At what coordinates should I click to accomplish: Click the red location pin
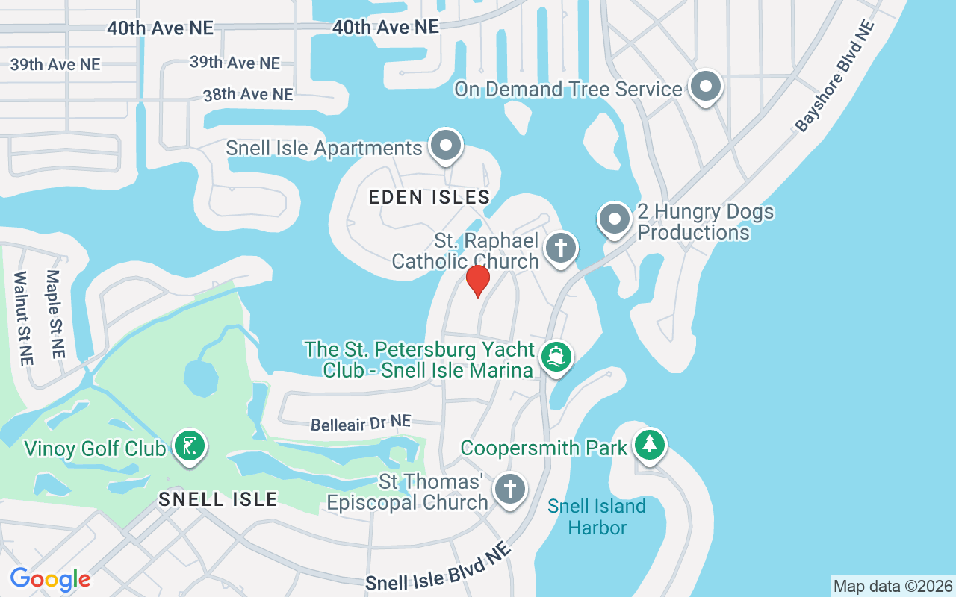click(x=478, y=281)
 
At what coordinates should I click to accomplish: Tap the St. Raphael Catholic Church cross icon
click(x=561, y=248)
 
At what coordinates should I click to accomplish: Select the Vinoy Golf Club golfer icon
click(x=190, y=446)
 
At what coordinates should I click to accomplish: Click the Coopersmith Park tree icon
click(x=650, y=445)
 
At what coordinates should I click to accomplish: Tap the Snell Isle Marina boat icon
click(x=555, y=357)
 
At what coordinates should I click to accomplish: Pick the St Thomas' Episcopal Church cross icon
click(x=510, y=490)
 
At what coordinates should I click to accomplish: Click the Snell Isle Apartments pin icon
click(x=447, y=146)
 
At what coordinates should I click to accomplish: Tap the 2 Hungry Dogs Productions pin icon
click(x=615, y=219)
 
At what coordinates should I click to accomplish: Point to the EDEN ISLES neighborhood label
click(x=429, y=198)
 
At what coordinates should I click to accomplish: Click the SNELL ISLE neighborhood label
click(x=218, y=499)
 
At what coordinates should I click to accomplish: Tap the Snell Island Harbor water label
click(x=596, y=516)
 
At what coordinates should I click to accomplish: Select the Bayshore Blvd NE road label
click(x=834, y=76)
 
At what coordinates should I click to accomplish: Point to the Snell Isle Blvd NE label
click(x=438, y=569)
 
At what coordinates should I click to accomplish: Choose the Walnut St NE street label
click(x=23, y=318)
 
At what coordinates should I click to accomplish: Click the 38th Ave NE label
click(x=248, y=95)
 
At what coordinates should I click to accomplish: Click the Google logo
click(x=50, y=579)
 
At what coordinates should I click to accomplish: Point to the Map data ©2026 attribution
click(x=893, y=586)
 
